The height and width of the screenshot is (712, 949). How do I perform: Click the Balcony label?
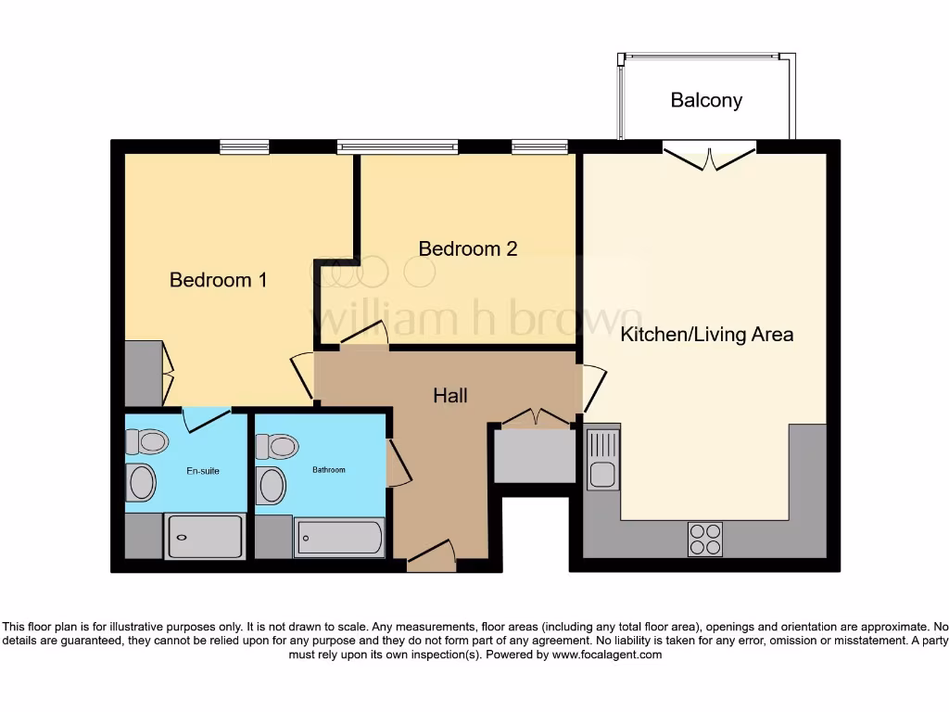[706, 100]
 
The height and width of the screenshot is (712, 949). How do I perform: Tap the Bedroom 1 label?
[218, 279]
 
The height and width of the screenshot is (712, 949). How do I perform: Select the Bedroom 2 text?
[467, 248]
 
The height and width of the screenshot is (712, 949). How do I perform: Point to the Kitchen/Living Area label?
[706, 334]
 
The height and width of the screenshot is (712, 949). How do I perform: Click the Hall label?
[450, 396]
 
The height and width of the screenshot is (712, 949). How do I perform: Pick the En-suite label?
[203, 471]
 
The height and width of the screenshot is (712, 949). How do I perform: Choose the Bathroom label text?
[328, 470]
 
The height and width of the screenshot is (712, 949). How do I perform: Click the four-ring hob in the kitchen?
[704, 539]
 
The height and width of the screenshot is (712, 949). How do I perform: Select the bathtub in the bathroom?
[338, 538]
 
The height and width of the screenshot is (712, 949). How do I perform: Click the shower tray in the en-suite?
[204, 537]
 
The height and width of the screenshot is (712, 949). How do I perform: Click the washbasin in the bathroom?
[272, 485]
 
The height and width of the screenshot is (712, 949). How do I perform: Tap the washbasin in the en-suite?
[141, 482]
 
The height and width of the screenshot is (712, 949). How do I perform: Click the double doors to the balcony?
[709, 156]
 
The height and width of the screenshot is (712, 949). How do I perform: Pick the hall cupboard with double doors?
[534, 452]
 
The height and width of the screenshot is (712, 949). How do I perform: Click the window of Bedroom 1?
[245, 146]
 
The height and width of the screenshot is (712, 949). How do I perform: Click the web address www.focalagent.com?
[607, 655]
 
